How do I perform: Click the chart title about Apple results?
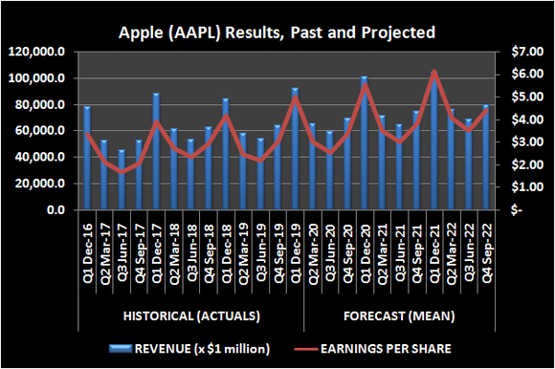[277, 33]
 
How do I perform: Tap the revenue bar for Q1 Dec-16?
[87, 158]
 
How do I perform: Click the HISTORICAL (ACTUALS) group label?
[191, 315]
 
